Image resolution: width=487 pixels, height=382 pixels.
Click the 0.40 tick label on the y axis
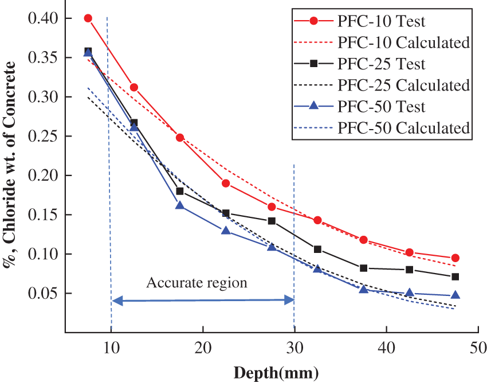pos(44,18)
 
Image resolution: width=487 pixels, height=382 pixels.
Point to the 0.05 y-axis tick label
pos(44,294)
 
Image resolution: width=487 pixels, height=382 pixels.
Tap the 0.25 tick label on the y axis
pos(44,137)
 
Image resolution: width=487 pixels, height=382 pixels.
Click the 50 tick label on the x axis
pos(477,348)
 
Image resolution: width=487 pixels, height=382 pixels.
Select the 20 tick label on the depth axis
pos(202,348)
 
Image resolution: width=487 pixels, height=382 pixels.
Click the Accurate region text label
pos(197,283)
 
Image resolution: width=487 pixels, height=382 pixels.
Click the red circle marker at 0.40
pos(88,18)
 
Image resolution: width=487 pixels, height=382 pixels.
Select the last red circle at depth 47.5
pos(455,258)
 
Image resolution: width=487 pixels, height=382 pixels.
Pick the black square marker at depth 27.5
pos(272,221)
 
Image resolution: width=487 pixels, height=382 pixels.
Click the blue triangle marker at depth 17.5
pos(180,205)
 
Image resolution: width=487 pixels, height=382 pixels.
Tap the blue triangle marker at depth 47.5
pos(455,295)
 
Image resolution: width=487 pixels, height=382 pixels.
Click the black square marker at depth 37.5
pos(363,268)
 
